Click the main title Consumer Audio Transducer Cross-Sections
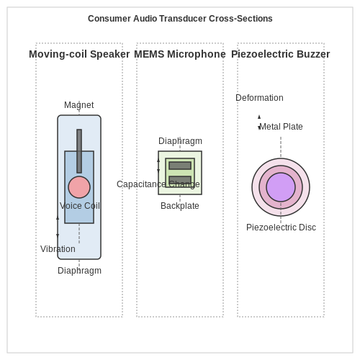[x=180, y=19]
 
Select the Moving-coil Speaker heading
[x=79, y=54]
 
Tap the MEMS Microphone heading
[x=180, y=54]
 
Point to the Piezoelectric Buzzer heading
[x=281, y=54]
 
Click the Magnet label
[x=79, y=105]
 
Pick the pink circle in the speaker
[x=79, y=187]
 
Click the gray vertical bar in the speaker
[x=79, y=151]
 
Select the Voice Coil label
[x=80, y=206]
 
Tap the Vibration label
[x=58, y=249]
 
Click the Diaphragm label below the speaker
[x=79, y=271]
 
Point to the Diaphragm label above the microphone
[x=180, y=141]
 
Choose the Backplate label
[x=180, y=206]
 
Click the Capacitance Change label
[x=158, y=184]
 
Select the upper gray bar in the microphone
[x=180, y=166]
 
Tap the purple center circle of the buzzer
[x=281, y=187]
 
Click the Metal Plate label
[x=281, y=127]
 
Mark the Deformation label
[x=259, y=98]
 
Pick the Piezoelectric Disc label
[x=281, y=228]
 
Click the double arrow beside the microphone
[x=158, y=166]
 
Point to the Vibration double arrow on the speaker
[x=58, y=227]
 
